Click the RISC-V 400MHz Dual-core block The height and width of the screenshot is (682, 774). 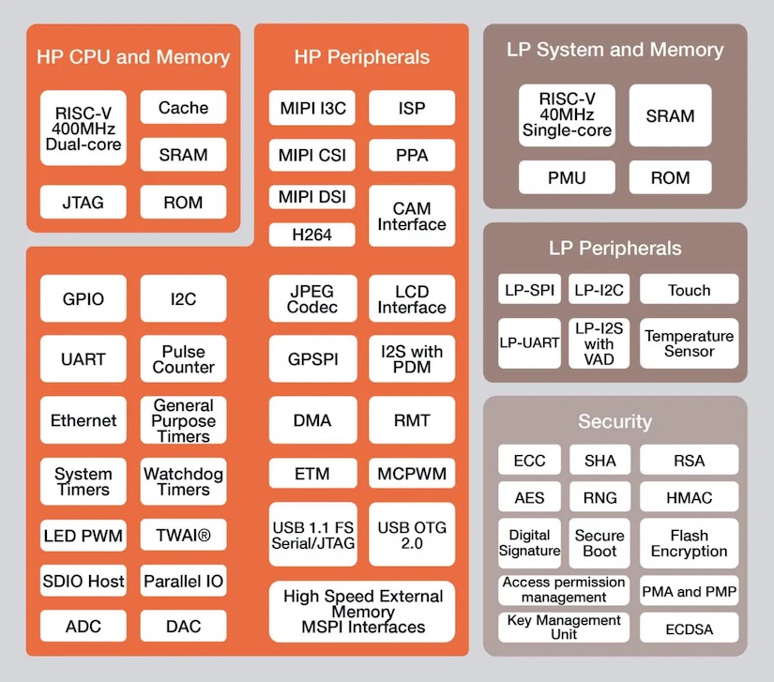(x=83, y=128)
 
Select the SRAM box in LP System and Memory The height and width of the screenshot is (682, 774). (x=670, y=116)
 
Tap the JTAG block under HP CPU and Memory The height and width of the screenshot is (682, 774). (x=83, y=202)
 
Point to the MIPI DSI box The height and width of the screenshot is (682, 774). (x=312, y=197)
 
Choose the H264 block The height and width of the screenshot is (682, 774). (x=312, y=235)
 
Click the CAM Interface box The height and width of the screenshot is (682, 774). (x=412, y=217)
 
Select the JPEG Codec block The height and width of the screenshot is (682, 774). (x=312, y=299)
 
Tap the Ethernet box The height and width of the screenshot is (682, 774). (x=83, y=420)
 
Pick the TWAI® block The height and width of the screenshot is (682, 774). (x=183, y=537)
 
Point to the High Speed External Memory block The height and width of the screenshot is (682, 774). (x=362, y=612)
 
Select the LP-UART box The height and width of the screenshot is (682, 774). (x=529, y=343)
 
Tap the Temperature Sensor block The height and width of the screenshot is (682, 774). (x=689, y=343)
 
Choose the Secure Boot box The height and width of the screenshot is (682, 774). (x=599, y=543)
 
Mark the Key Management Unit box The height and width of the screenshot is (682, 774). (x=563, y=627)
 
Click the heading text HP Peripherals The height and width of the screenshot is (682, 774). (x=361, y=57)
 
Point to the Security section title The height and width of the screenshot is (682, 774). (x=615, y=422)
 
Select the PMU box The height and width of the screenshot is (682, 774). (x=567, y=177)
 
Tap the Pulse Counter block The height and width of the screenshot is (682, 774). (x=183, y=359)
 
